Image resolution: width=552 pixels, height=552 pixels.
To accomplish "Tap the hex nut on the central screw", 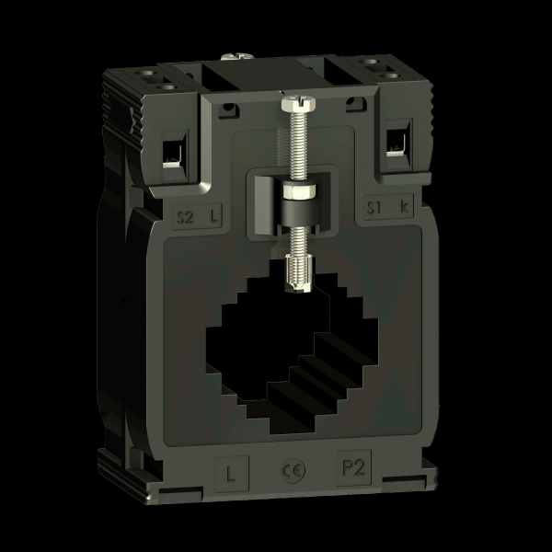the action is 299,192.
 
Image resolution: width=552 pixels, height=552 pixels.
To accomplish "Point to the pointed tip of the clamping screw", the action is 298,290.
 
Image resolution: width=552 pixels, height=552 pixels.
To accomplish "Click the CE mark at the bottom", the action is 293,471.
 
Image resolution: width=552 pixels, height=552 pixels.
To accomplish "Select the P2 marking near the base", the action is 354,468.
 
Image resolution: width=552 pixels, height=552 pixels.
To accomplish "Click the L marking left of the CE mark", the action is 231,474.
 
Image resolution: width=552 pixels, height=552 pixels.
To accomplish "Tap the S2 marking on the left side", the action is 185,217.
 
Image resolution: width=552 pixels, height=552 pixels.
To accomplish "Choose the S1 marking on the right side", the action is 374,207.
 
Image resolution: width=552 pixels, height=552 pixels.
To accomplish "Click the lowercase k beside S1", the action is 405,206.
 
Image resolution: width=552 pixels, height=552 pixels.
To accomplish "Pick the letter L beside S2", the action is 213,216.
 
